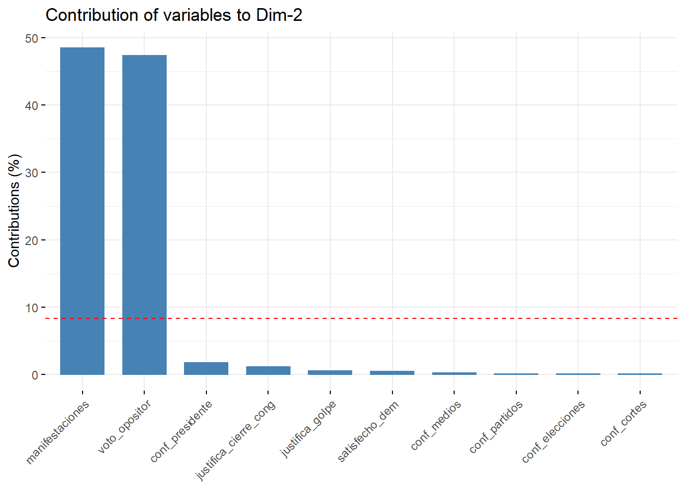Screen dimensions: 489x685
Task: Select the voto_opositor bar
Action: coord(144,214)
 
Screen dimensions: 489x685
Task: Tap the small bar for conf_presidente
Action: coord(206,368)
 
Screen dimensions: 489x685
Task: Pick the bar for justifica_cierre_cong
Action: coord(268,370)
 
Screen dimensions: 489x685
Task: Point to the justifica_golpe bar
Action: coord(330,372)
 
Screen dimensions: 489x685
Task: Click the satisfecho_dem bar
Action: coord(392,373)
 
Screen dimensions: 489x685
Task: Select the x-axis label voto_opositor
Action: coord(124,427)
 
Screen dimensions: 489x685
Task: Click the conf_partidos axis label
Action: coord(496,427)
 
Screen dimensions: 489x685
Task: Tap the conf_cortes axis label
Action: coord(623,423)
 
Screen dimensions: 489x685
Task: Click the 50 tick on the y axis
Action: coord(32,39)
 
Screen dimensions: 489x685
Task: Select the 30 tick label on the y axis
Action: coord(32,173)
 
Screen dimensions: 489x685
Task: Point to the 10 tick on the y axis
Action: coord(32,308)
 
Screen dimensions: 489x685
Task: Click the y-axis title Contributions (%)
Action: coord(14,210)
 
